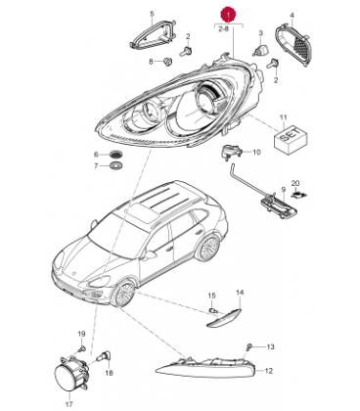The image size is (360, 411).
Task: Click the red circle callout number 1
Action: click(229, 15)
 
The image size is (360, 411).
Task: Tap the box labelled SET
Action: click(291, 139)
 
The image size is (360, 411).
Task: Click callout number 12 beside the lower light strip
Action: click(268, 371)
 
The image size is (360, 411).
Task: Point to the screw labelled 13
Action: click(249, 346)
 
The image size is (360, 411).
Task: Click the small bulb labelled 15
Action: click(213, 310)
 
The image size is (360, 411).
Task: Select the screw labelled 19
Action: click(81, 349)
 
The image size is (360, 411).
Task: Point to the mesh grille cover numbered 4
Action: click(293, 47)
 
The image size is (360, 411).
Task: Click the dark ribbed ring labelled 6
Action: click(115, 155)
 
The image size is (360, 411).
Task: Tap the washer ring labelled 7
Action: click(116, 165)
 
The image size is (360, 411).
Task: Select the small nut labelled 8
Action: click(167, 61)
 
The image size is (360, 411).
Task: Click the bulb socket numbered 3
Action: click(261, 50)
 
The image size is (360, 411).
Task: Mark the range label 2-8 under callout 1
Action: click(223, 29)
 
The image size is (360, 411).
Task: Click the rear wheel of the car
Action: click(207, 246)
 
